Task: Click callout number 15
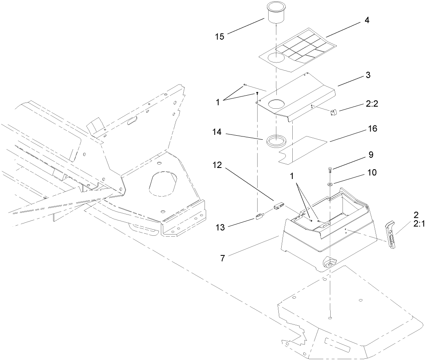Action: click(x=220, y=36)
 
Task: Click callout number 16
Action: click(x=372, y=128)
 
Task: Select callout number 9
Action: click(x=371, y=155)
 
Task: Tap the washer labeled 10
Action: click(x=329, y=185)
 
